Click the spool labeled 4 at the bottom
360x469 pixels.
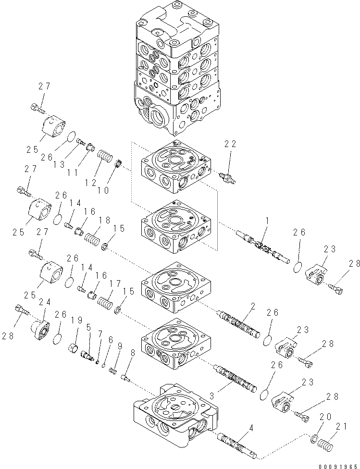coord(238,444)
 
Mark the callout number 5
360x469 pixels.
coord(88,327)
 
